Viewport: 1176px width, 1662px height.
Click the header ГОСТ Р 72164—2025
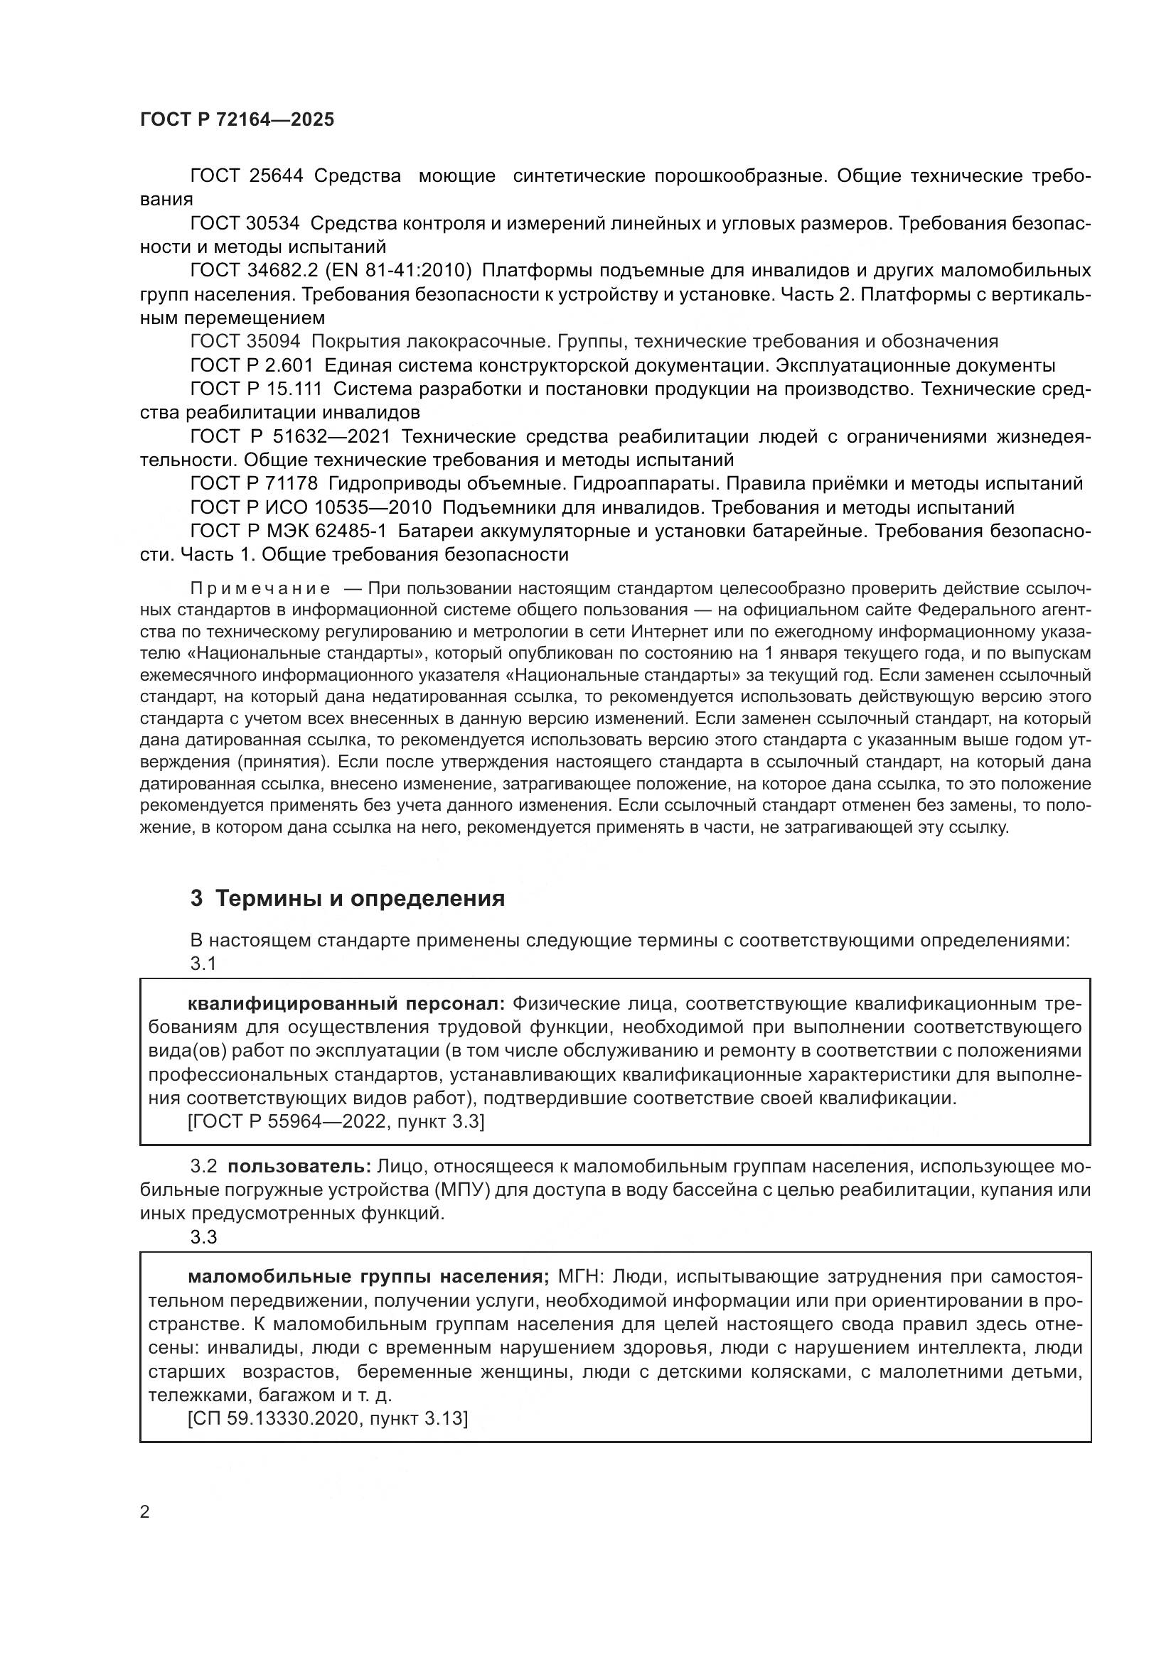click(237, 120)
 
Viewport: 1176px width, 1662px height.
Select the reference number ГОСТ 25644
click(246, 176)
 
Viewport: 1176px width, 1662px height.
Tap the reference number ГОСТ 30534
click(245, 224)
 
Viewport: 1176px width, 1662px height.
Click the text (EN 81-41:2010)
click(398, 271)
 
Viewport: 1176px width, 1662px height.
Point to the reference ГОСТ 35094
click(245, 342)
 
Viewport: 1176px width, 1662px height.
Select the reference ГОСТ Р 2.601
click(251, 365)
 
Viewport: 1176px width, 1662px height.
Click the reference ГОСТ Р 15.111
click(256, 389)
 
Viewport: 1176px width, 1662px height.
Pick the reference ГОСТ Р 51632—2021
click(289, 436)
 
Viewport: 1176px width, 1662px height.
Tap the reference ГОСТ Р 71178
click(253, 484)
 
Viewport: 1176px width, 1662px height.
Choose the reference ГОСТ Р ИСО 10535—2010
click(311, 507)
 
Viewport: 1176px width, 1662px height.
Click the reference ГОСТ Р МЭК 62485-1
click(288, 531)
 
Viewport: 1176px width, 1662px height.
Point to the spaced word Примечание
click(260, 588)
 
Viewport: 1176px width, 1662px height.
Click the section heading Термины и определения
click(360, 899)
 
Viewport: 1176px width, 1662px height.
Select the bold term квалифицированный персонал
click(346, 1004)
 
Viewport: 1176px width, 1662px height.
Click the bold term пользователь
click(299, 1167)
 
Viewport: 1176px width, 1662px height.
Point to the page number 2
click(145, 1511)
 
